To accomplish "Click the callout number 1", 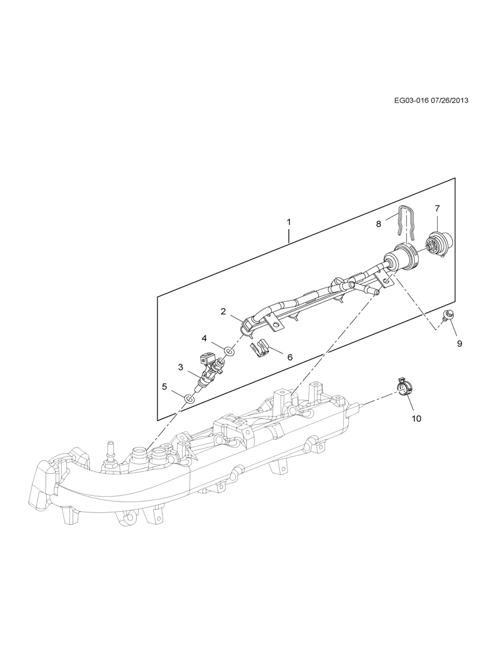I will click(289, 221).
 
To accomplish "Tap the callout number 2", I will click(224, 311).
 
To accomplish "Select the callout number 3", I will click(181, 367).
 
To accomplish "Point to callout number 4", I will click(204, 338).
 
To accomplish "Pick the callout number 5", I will click(165, 387).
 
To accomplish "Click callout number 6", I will click(290, 357).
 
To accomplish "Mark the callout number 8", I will click(379, 224).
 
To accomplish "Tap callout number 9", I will click(459, 343).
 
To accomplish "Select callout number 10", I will click(417, 419).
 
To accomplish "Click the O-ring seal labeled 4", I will click(229, 351).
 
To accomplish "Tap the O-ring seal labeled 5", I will click(189, 398).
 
